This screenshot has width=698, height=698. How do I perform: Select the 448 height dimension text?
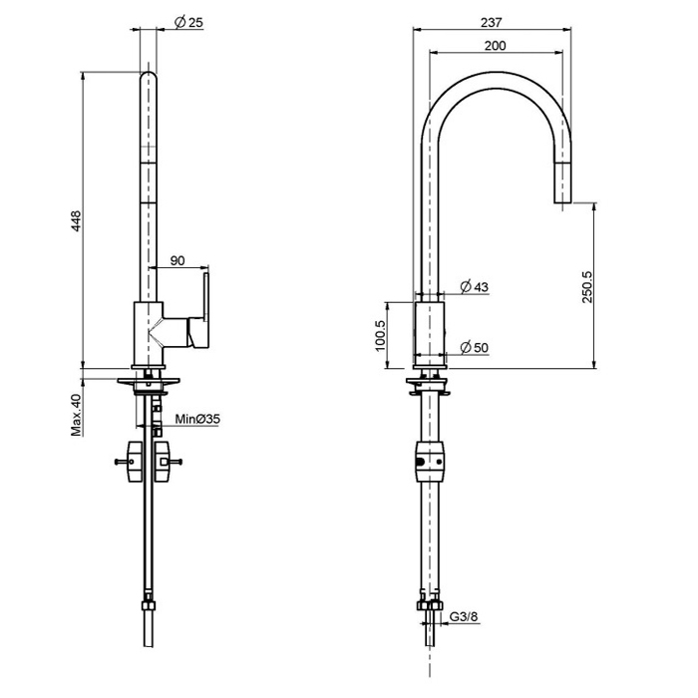point(75,222)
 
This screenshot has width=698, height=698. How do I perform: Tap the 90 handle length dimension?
point(177,261)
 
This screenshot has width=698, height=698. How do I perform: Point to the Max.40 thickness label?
point(76,414)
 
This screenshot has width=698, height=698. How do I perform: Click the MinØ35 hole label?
point(197,420)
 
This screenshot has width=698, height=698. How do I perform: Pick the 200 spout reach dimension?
point(494,45)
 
